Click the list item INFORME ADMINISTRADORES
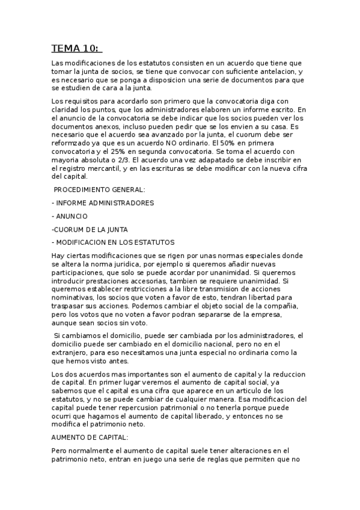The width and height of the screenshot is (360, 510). [x=105, y=203]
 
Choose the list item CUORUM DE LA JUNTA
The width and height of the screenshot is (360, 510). [x=90, y=229]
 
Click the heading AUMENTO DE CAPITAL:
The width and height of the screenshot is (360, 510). [x=90, y=437]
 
